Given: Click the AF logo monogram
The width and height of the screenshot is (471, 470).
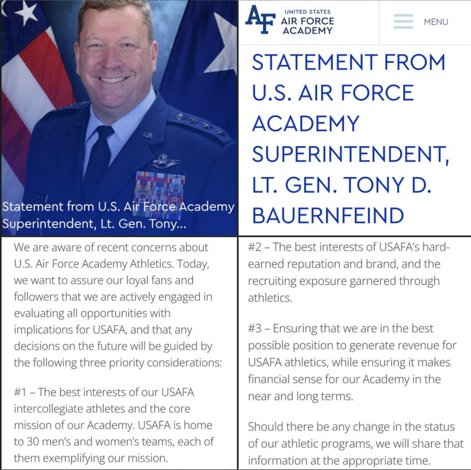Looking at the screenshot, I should point(260,19).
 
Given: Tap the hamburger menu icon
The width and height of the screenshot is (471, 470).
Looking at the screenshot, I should point(403,22).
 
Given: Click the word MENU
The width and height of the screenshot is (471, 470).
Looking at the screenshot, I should point(436,22).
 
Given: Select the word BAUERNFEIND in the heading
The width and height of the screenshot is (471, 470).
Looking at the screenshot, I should point(328,216).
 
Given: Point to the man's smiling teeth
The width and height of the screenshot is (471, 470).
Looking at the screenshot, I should point(113,80).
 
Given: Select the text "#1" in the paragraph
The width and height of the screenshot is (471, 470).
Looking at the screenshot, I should point(20,392).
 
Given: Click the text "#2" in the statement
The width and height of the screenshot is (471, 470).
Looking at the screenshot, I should point(254,247).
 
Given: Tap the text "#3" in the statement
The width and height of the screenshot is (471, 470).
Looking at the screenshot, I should point(254,328).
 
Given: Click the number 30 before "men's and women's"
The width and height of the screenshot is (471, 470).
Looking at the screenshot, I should point(33,442).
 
